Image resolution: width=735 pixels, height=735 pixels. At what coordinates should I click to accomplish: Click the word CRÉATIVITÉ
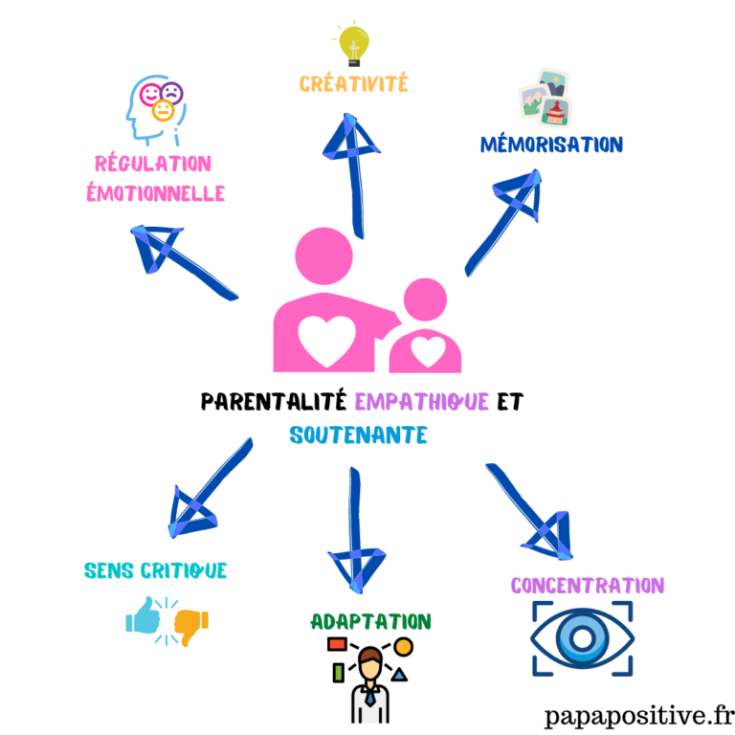coord(353,84)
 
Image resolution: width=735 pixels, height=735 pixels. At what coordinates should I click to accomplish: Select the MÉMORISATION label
coord(551,145)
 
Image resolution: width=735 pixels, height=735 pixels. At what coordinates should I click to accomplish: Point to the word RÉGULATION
coord(153,164)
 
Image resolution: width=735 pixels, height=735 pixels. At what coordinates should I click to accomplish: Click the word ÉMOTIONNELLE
coord(155,193)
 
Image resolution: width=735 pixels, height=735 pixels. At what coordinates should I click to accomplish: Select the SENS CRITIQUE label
coord(156,571)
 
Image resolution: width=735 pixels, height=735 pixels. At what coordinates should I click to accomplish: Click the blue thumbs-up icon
coord(144,617)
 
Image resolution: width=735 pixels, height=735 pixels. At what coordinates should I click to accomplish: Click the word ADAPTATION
coord(371,622)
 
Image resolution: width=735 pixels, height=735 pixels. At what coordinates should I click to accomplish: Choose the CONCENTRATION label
coord(587,586)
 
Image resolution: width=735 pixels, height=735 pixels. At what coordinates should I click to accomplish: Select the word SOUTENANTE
coord(358,435)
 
